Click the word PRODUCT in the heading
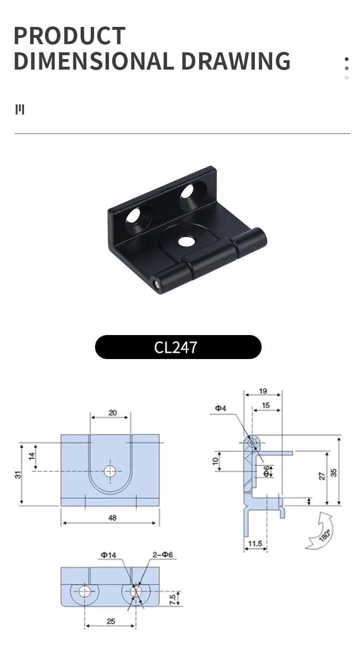70,36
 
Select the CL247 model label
176,347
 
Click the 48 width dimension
112,518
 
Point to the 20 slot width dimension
112,413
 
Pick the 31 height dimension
18,474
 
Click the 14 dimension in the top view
32,456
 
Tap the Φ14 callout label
108,555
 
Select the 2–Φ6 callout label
162,555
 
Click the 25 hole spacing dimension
111,621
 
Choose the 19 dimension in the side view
263,391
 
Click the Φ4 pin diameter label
220,408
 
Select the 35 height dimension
334,472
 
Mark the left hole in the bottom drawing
85,590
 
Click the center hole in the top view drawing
110,471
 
